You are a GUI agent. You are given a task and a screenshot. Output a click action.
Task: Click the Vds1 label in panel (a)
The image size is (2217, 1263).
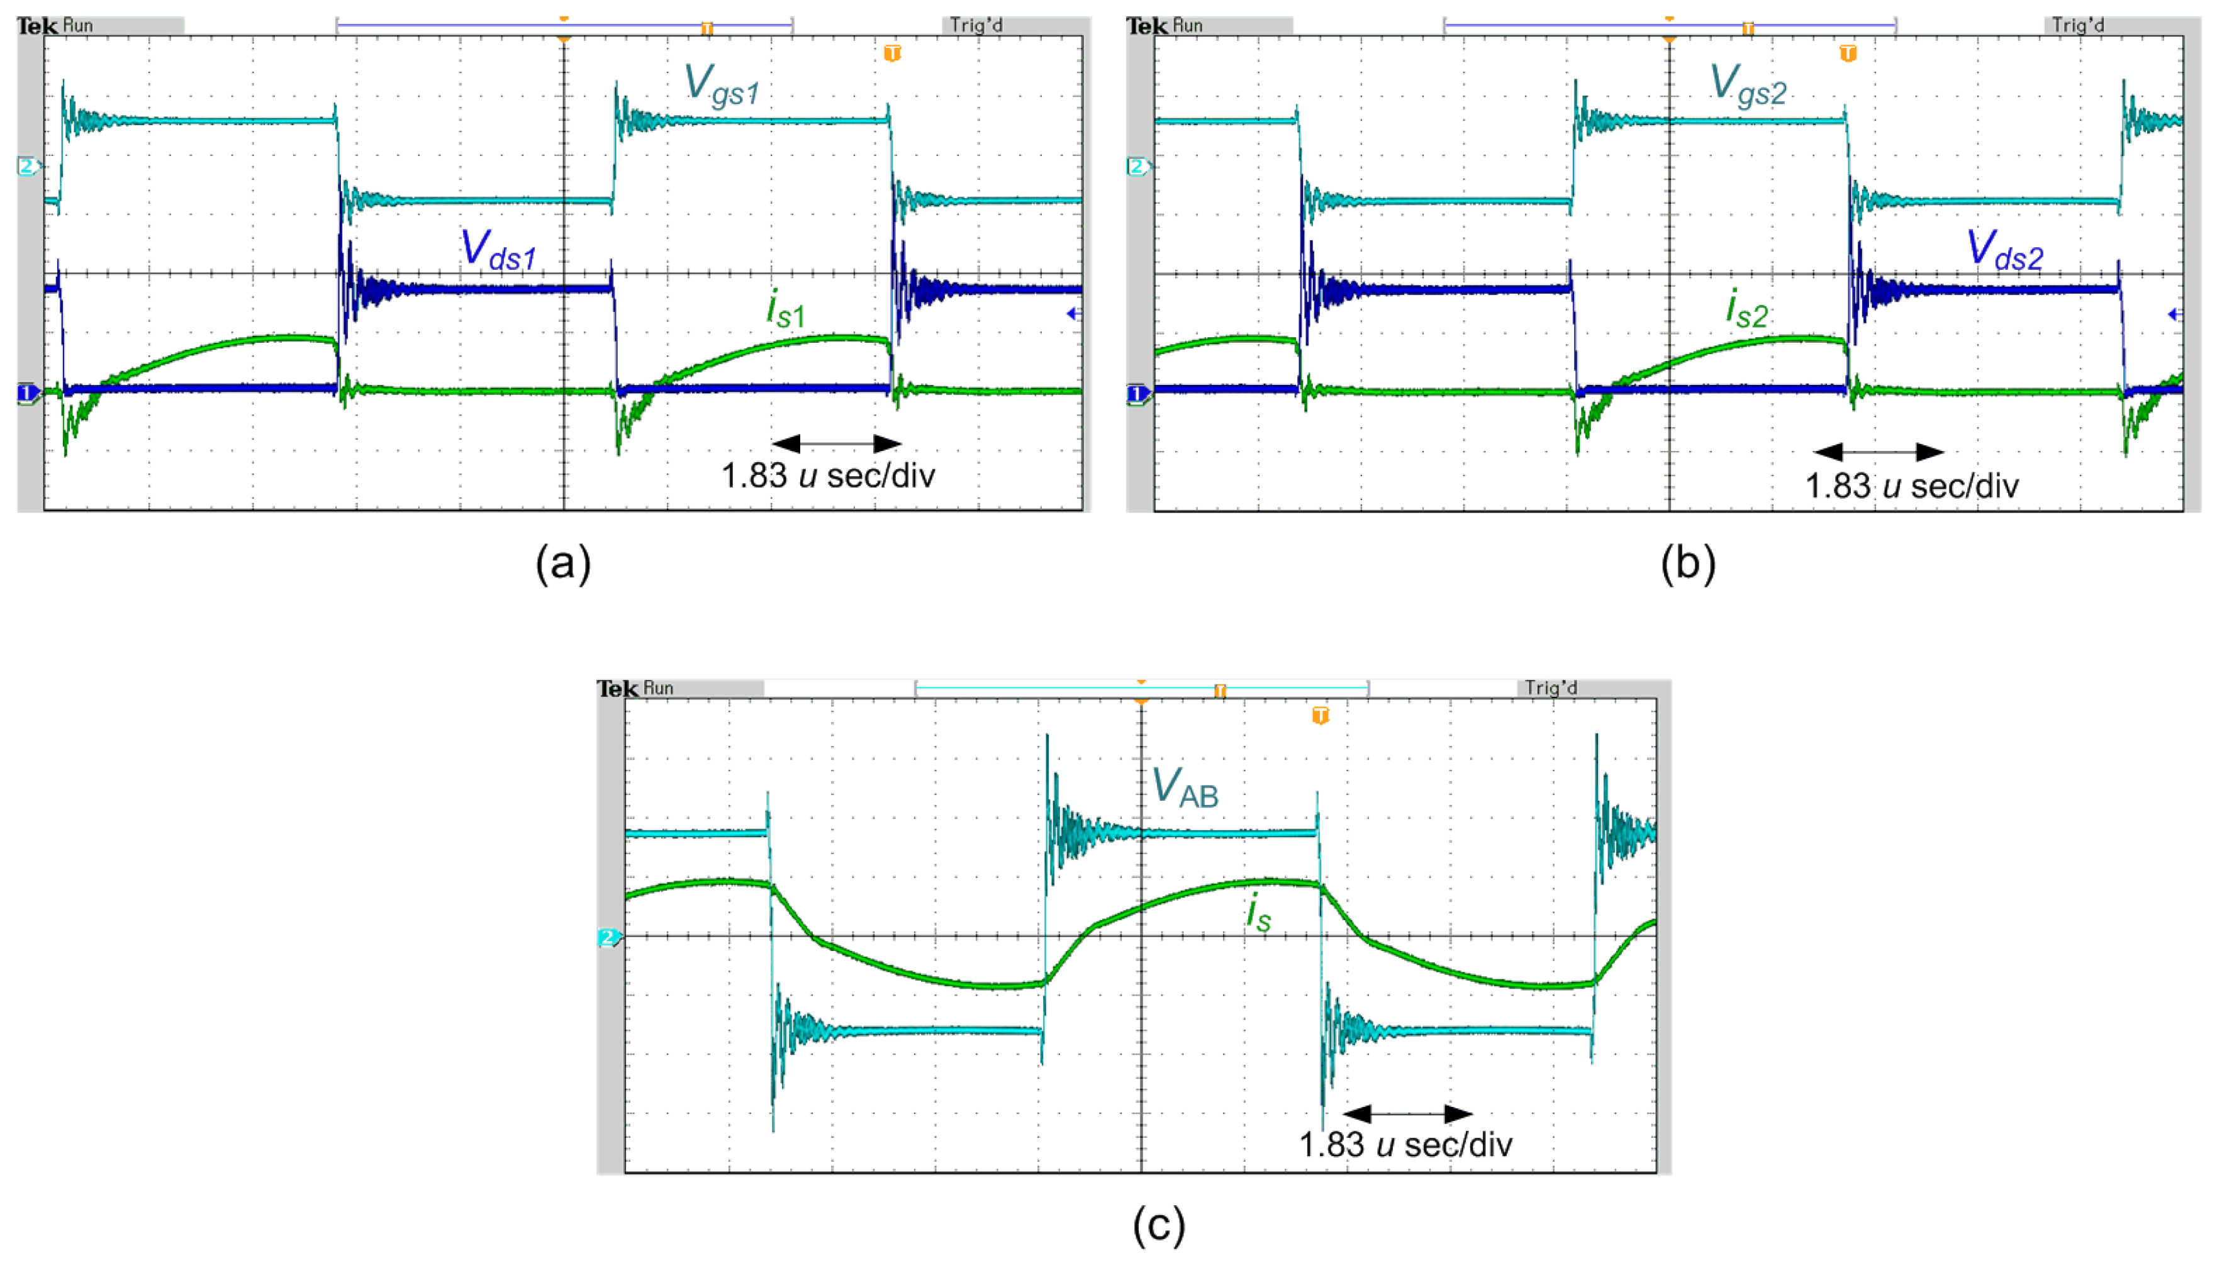pos(498,250)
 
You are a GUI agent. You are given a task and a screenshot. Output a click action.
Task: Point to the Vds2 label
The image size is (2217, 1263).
pos(2004,250)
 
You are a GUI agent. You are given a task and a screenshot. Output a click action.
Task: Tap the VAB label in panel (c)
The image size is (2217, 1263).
pos(1185,787)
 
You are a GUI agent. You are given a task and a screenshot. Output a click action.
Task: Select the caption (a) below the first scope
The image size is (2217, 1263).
pos(563,564)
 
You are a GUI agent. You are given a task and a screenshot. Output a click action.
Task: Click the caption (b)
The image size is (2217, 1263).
pos(1688,564)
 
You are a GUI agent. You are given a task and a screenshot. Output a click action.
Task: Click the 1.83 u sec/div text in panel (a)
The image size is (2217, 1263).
pos(829,476)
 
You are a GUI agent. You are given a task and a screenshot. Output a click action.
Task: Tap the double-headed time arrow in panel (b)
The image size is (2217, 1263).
pos(1879,452)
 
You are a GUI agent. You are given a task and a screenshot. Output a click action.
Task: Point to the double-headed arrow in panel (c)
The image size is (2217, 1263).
pos(1407,1114)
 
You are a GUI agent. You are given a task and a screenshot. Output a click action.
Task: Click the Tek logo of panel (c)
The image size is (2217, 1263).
pos(618,689)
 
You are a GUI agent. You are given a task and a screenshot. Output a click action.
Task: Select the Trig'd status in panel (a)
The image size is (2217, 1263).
pos(976,25)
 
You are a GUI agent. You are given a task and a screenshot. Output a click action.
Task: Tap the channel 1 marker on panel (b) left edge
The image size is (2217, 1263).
pos(1137,395)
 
